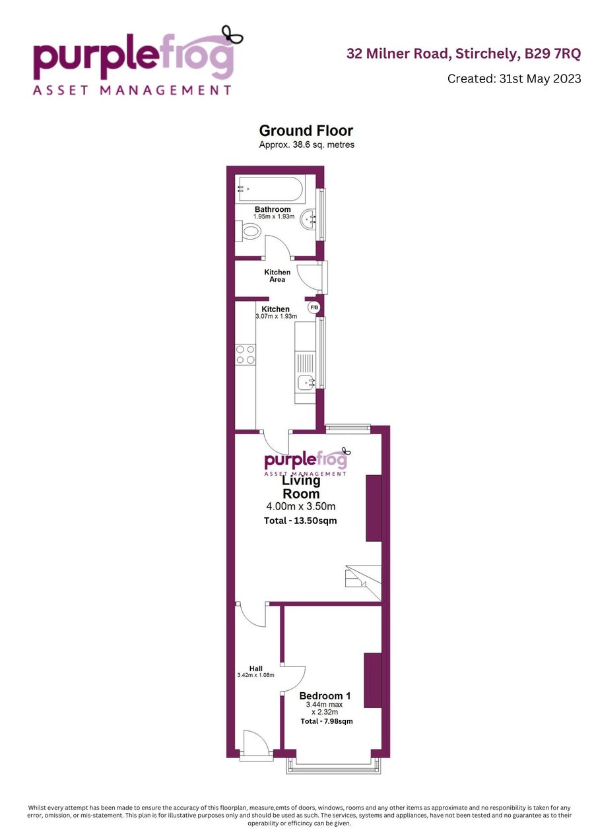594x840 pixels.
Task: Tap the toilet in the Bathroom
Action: click(x=248, y=231)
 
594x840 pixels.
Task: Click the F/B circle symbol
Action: click(x=314, y=307)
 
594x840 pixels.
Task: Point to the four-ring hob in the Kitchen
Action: click(x=246, y=355)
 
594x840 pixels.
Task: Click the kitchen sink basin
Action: click(x=306, y=383)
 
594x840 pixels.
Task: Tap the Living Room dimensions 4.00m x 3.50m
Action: click(x=301, y=506)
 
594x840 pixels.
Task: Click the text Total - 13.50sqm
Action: click(x=300, y=521)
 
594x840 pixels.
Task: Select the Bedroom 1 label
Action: click(x=325, y=696)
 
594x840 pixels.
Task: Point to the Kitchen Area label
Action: click(x=277, y=276)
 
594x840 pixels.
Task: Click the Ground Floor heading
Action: click(x=306, y=131)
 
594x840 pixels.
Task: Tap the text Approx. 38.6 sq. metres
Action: click(x=307, y=145)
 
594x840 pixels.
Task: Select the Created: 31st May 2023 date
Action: click(x=514, y=79)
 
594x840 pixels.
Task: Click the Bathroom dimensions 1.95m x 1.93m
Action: click(x=274, y=216)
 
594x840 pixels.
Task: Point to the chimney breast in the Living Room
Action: click(x=374, y=507)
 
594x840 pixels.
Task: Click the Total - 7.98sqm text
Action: click(x=327, y=721)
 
